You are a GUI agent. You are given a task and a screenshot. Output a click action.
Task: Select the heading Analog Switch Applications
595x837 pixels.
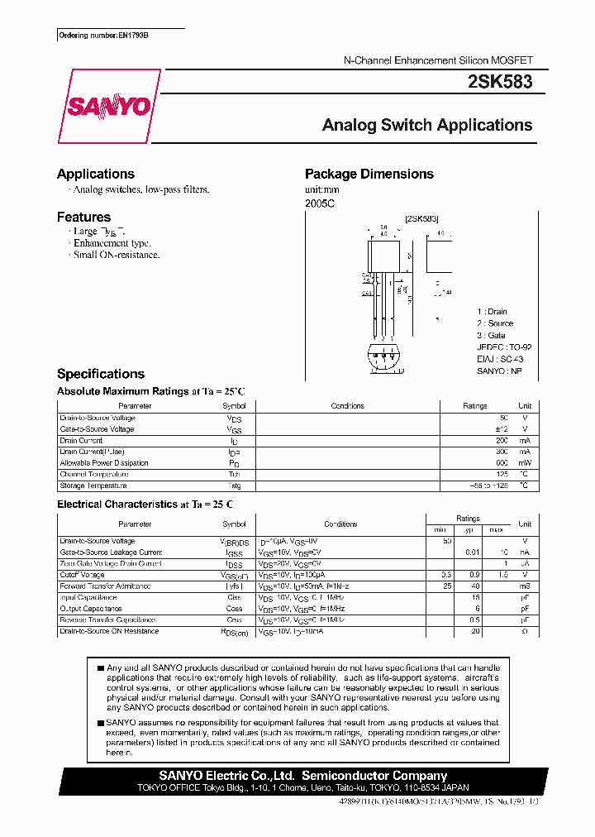click(426, 126)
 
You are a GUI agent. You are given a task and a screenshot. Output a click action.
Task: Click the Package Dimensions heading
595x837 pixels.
click(369, 174)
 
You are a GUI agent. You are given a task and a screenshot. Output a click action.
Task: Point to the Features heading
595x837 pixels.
click(83, 217)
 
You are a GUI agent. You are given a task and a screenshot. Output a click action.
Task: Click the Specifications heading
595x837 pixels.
click(100, 374)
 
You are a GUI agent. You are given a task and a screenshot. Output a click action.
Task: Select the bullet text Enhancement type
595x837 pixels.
click(112, 243)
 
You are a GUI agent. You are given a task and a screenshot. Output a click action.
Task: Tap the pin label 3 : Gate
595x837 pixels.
click(491, 335)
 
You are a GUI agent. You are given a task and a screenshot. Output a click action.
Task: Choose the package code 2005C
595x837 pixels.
click(321, 203)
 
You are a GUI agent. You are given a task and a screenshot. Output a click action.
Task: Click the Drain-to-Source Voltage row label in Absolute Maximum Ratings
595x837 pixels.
click(98, 418)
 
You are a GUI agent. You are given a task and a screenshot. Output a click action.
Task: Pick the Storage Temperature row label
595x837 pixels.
click(92, 485)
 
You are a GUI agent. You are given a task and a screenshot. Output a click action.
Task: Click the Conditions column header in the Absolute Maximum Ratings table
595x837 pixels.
click(347, 406)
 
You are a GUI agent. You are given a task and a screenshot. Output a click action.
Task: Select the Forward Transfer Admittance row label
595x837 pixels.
click(106, 586)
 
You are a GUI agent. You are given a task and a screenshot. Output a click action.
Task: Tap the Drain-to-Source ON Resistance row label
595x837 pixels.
click(109, 631)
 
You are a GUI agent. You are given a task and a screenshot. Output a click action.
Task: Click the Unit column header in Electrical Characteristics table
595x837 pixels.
click(524, 524)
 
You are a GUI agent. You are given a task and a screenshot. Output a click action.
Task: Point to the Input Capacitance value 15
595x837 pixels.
click(475, 597)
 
